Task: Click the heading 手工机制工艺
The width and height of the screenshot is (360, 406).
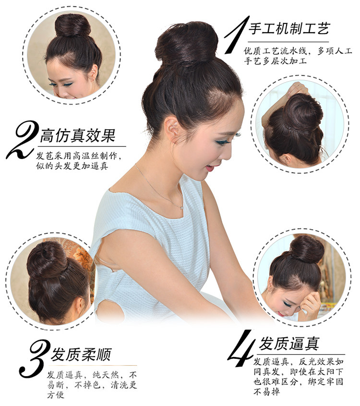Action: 289,29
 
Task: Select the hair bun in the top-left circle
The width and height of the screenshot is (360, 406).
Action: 72,25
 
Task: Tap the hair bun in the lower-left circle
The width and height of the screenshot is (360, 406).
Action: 47,261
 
